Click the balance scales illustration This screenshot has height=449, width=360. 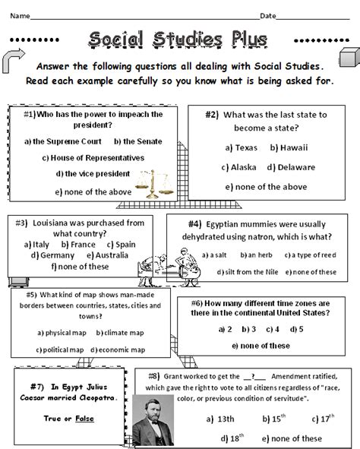coord(152,182)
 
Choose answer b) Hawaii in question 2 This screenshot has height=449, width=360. coord(287,147)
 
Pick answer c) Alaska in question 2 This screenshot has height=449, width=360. coord(241,167)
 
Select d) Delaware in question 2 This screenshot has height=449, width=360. coord(287,167)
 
